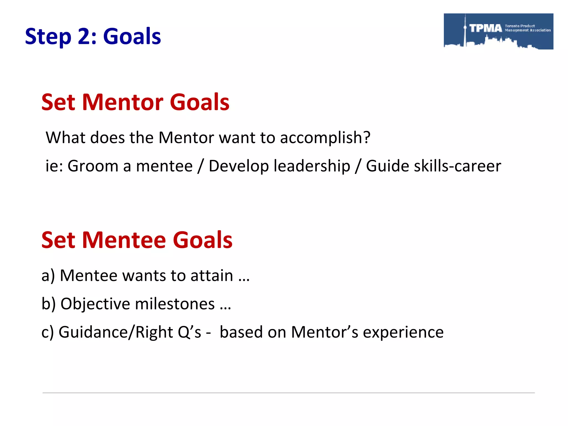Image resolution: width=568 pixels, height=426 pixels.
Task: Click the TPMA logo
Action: click(x=498, y=31)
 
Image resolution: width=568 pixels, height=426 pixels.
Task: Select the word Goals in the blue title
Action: click(x=132, y=36)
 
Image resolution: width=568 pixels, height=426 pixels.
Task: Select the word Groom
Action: click(x=93, y=166)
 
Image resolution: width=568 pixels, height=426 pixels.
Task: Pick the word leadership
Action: click(x=312, y=166)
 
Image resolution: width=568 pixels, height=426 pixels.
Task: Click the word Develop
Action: click(x=239, y=166)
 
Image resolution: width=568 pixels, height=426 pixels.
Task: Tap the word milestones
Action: click(x=175, y=304)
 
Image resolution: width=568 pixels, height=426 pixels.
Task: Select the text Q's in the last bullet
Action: click(x=189, y=332)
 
